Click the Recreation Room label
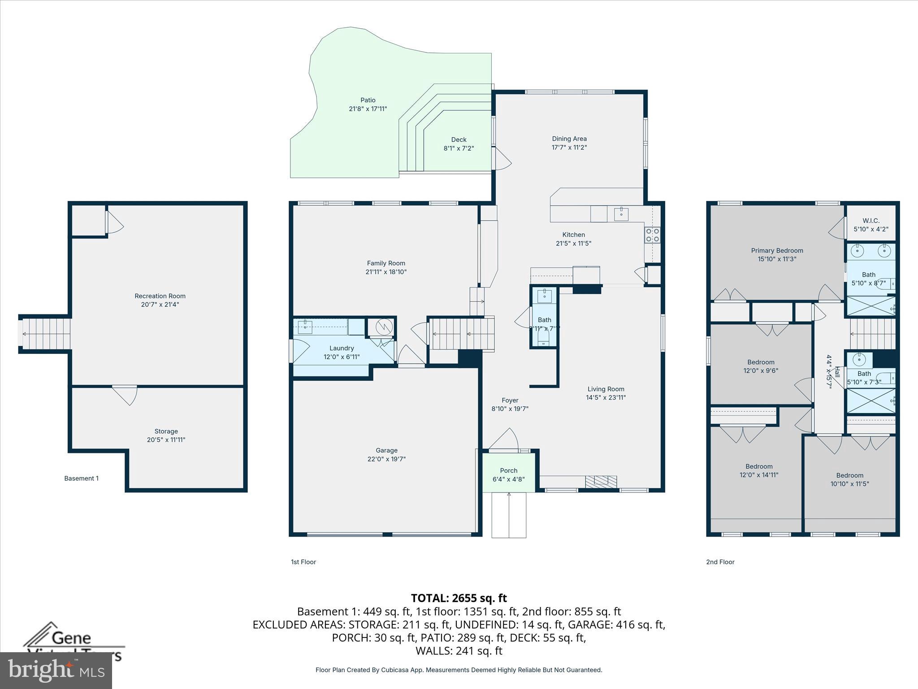coord(160,296)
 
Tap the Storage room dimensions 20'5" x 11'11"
coord(166,440)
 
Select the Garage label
coord(386,450)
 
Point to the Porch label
coord(508,471)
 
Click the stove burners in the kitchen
coord(652,235)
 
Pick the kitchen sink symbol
coord(621,214)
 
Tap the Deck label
coord(459,140)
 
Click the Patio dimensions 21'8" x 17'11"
coord(368,109)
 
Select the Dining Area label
coord(569,139)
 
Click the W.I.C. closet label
coord(871,221)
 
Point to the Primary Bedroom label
coord(777,251)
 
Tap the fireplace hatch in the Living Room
coord(601,482)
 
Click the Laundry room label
coord(342,348)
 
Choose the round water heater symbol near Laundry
coord(384,327)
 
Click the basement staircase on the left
coord(45,333)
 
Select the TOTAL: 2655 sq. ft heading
coord(459,598)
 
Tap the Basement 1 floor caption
coord(81,478)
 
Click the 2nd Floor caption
coord(720,562)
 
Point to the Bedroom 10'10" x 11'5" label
coord(849,475)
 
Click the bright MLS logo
coord(56,671)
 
